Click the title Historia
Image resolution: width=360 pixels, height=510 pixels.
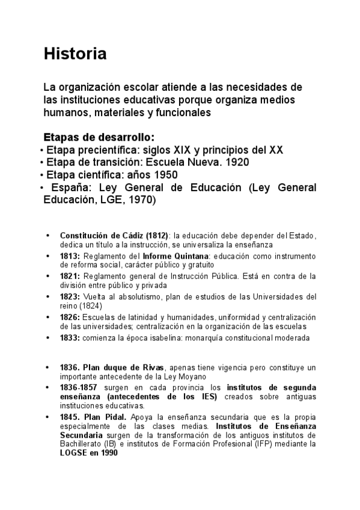[75, 54]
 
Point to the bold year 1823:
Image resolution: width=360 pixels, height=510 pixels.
[70, 297]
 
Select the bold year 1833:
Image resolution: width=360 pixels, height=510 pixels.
[70, 338]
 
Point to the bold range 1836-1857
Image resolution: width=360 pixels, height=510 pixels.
[78, 387]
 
